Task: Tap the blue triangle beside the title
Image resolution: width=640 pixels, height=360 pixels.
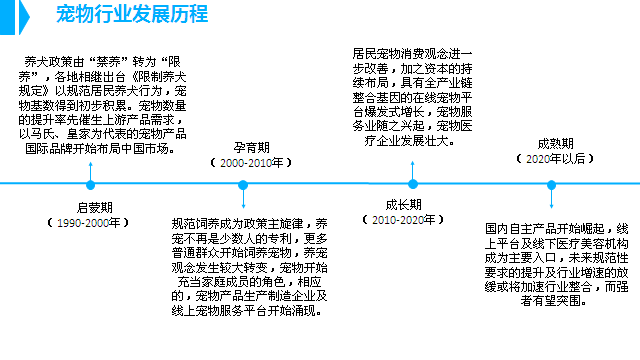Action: click(37, 15)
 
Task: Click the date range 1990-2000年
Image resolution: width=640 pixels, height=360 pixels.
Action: click(90, 221)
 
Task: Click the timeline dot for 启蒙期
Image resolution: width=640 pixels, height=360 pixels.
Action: click(91, 185)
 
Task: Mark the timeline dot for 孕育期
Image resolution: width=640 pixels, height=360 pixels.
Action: click(243, 185)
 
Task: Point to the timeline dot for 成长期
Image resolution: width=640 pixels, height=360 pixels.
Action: click(411, 183)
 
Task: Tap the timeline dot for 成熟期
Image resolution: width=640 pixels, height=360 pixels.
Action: click(549, 184)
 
